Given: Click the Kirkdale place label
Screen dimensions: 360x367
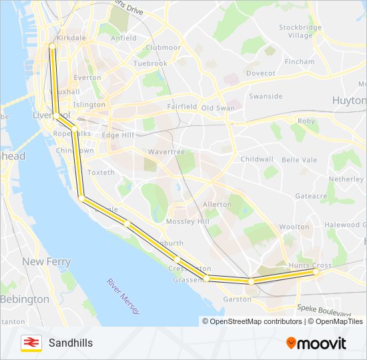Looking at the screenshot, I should click(71, 38).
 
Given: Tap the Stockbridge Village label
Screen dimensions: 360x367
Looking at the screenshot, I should click(300, 31).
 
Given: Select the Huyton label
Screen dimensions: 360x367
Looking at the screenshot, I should click(349, 101).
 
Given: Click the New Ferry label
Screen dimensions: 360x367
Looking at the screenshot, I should click(47, 262).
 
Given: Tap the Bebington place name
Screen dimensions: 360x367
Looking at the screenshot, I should click(25, 299).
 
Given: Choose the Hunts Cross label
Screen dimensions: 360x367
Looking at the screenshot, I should click(310, 265).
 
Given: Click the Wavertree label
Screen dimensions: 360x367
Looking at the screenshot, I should click(166, 151).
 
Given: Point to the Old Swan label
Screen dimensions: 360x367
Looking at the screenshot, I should click(218, 107).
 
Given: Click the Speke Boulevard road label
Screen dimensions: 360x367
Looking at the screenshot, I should click(325, 311).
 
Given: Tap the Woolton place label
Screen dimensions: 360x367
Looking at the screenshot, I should click(294, 227).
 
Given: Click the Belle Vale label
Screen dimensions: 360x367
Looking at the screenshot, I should click(300, 160).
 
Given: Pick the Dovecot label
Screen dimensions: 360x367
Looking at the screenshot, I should click(260, 73).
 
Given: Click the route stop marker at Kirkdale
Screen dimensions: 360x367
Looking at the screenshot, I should click(51, 46).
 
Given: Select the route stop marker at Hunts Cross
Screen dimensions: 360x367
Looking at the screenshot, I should click(316, 272).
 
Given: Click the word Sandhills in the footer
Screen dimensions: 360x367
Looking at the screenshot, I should click(71, 343).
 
